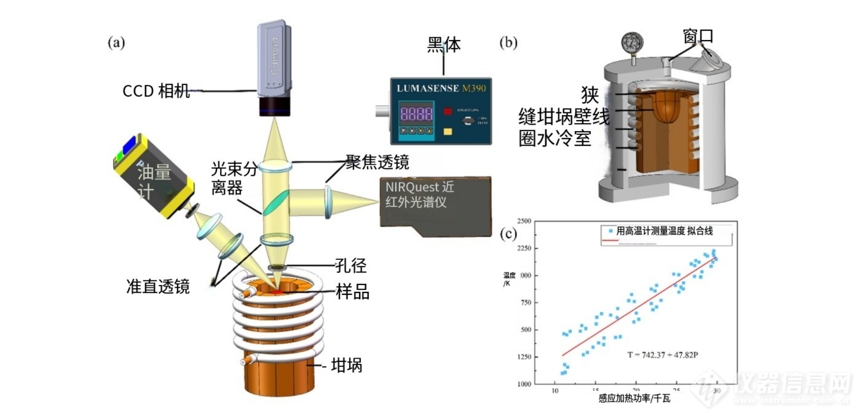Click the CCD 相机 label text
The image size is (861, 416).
(x=156, y=91)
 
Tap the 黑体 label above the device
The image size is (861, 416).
(x=443, y=45)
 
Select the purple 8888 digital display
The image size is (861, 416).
(x=416, y=113)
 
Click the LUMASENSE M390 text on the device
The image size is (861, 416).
(x=441, y=88)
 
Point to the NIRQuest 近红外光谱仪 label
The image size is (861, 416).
(x=419, y=194)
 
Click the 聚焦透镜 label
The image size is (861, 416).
(x=377, y=162)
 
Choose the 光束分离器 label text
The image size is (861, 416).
(x=234, y=178)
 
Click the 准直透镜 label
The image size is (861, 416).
(x=158, y=286)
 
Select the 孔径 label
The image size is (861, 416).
(x=351, y=266)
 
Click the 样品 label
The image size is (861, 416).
(x=353, y=292)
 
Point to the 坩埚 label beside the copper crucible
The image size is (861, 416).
(x=346, y=365)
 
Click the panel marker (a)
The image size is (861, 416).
(x=116, y=42)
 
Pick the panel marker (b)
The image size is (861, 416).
(x=508, y=42)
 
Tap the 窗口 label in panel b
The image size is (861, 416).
(x=697, y=36)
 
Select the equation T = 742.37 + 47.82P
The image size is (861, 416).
(x=662, y=355)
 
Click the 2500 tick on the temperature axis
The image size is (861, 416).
(x=524, y=221)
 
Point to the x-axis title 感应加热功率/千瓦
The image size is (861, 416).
(x=634, y=399)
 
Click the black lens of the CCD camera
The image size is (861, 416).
(x=274, y=106)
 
